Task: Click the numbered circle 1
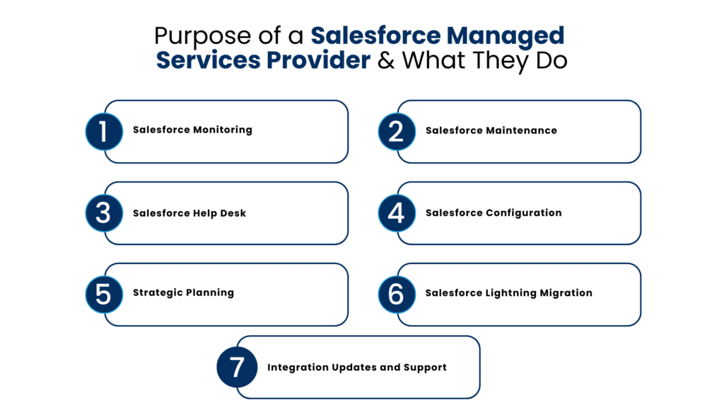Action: point(104,132)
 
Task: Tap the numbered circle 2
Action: point(397,132)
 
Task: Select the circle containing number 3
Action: point(104,213)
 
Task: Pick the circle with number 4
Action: point(397,213)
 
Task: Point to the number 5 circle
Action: point(104,294)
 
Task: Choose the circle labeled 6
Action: point(397,294)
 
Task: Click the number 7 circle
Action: point(235,368)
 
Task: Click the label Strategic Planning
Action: point(183,293)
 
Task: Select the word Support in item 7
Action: point(426,368)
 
